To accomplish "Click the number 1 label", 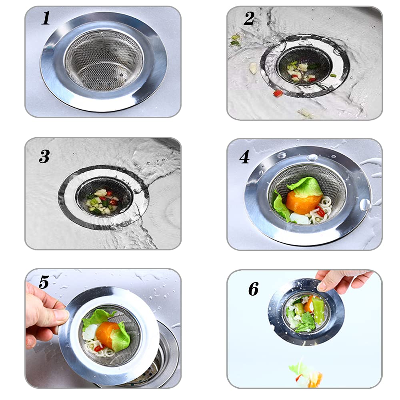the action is tap(46, 18).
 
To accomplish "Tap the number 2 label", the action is tap(249, 18).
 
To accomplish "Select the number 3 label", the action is tap(44, 156).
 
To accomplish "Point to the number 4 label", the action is tap(244, 157).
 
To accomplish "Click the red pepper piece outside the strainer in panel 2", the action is tap(278, 93).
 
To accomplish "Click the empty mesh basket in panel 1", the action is tap(104, 61).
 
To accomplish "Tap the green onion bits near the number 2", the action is tap(235, 40).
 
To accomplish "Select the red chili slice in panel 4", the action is tap(320, 212).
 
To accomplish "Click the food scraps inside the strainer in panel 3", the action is tap(102, 200).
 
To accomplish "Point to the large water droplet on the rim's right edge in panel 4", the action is tap(364, 204).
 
